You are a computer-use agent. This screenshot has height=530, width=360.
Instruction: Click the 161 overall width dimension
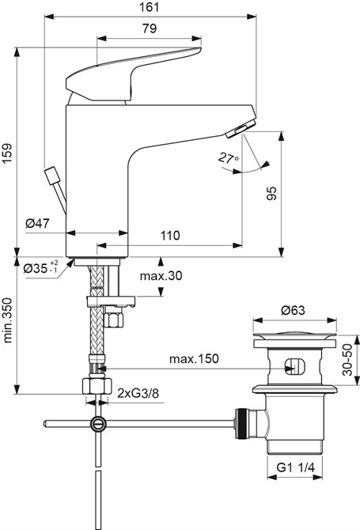pyautogui.click(x=149, y=7)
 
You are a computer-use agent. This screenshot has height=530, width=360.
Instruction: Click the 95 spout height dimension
pyautogui.click(x=271, y=194)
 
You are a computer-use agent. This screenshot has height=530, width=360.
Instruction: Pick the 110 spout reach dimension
pyautogui.click(x=169, y=235)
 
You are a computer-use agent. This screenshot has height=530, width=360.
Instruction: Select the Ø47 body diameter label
pyautogui.click(x=37, y=225)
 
